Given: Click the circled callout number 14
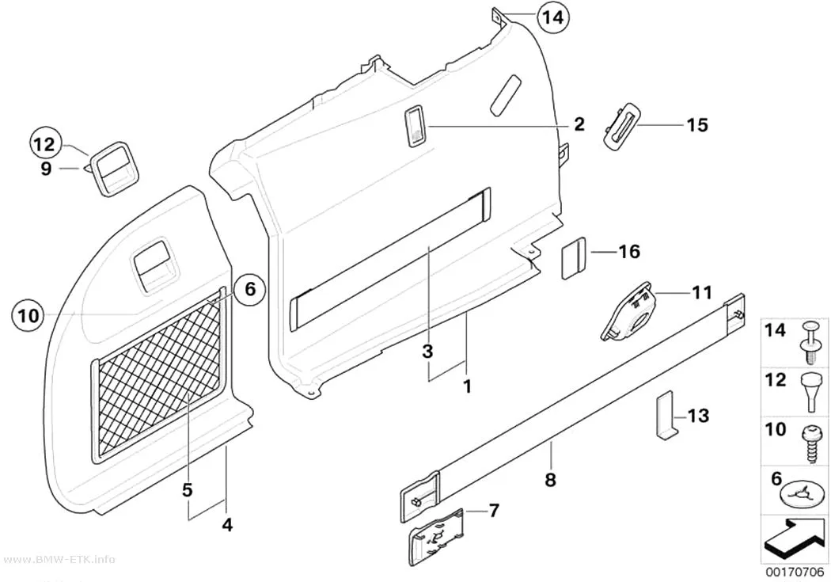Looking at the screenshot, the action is tap(552, 17).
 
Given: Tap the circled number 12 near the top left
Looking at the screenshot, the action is tap(45, 144).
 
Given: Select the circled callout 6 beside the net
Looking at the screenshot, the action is tap(250, 289).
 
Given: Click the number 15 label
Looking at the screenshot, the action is tap(697, 125).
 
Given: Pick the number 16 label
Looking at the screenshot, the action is tap(630, 251).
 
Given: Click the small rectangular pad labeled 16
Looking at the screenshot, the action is tap(572, 258).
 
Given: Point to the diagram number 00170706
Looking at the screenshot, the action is tap(794, 573).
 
